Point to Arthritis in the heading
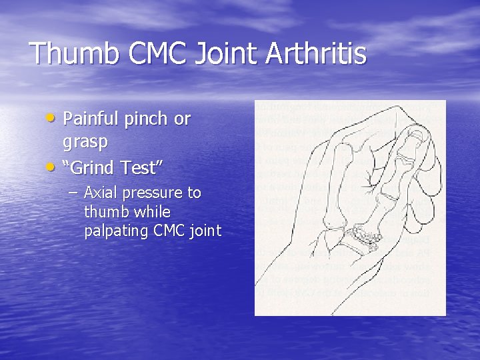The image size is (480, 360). point(317,54)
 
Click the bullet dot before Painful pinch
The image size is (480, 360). point(53,117)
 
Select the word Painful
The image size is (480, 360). point(89,119)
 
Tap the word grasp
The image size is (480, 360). point(85,143)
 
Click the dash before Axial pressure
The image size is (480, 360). point(72,193)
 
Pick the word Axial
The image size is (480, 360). point(99,193)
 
